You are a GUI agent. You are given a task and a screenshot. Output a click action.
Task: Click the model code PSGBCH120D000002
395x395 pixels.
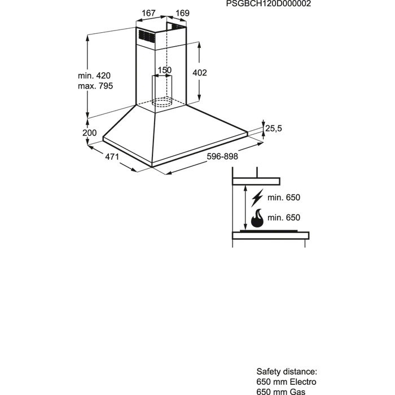coord(268,3)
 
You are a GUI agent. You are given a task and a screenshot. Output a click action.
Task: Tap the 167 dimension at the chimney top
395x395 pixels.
coord(148,13)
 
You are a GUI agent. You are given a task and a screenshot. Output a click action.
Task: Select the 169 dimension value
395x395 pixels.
coord(182,13)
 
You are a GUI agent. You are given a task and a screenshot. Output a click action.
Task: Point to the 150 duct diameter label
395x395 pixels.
coord(165,70)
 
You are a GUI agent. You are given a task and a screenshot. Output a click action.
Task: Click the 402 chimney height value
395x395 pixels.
coord(200,73)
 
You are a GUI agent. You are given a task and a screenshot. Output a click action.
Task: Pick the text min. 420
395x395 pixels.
coord(94,75)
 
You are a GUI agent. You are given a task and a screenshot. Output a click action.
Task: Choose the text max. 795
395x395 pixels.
coord(95,86)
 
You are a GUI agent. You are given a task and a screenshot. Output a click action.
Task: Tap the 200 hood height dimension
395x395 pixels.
coord(89,133)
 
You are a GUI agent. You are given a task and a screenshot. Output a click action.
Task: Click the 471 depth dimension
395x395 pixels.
coord(112,156)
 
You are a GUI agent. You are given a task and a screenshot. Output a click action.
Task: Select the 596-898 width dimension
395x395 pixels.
coord(222,156)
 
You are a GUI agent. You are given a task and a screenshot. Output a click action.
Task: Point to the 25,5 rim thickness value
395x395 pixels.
coord(274,128)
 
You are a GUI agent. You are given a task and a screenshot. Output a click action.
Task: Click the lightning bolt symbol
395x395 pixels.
coord(257,197)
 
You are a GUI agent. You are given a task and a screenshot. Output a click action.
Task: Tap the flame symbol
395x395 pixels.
coord(257,218)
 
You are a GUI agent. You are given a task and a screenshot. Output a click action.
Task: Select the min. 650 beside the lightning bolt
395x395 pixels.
coord(284,197)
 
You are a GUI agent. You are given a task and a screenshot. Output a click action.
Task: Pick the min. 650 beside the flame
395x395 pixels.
coord(284,217)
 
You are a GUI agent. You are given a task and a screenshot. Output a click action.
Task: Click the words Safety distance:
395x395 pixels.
coord(287,371)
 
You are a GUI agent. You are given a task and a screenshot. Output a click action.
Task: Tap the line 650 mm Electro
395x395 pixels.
coord(286,381)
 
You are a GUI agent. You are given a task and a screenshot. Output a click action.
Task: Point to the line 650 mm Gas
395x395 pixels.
coord(280,392)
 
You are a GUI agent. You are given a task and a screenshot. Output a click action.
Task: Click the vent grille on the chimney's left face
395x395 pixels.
coord(146,36)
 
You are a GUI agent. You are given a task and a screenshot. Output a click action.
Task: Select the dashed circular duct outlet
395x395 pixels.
coord(163,102)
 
